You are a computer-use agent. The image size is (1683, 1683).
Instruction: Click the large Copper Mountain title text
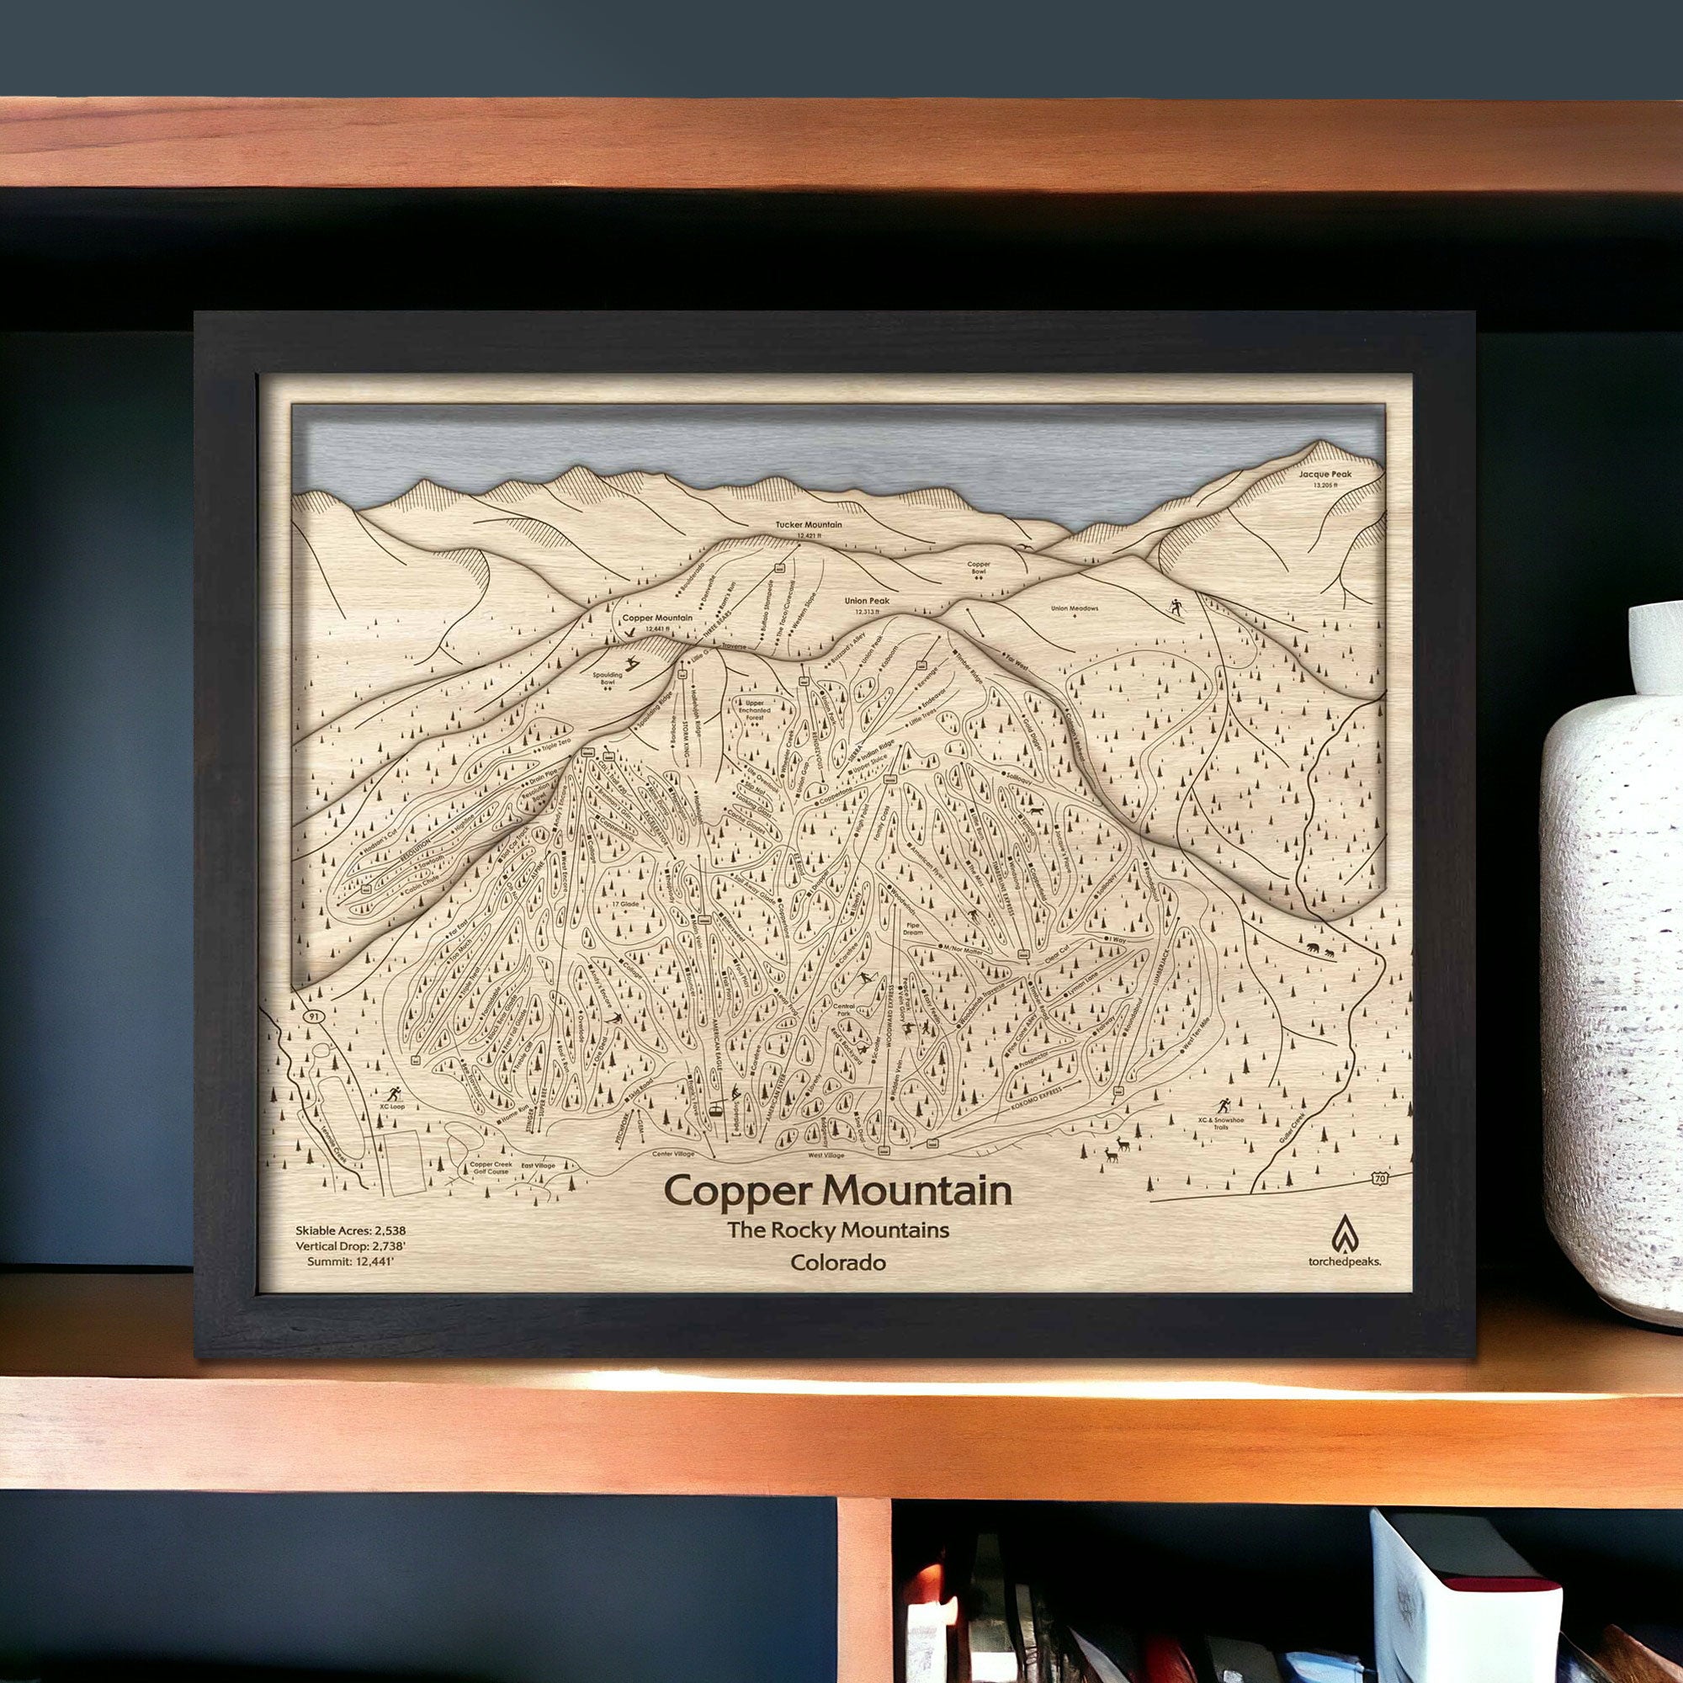(837, 1191)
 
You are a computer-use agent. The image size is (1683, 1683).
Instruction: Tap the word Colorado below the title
(837, 1262)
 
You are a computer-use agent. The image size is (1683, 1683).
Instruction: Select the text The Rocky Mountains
(837, 1230)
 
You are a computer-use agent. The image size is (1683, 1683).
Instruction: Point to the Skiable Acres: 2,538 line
(350, 1231)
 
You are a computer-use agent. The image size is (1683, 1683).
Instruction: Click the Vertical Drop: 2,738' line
(350, 1246)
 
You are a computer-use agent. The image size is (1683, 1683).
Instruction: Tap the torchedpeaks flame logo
(1344, 1234)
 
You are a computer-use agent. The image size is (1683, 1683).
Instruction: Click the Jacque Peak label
(1325, 475)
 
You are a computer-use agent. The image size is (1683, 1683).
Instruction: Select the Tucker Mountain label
(809, 525)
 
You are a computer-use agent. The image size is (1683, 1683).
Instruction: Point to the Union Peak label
(866, 601)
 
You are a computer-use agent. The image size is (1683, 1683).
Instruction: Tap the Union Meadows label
(1074, 609)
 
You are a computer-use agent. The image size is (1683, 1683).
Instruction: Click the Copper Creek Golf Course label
(491, 1167)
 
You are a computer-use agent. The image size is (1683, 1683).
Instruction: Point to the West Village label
(826, 1155)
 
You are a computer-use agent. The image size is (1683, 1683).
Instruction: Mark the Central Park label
(843, 1011)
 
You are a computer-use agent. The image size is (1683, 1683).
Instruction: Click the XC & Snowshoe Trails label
(1220, 1123)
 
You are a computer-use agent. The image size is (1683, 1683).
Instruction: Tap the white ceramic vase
(1611, 958)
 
